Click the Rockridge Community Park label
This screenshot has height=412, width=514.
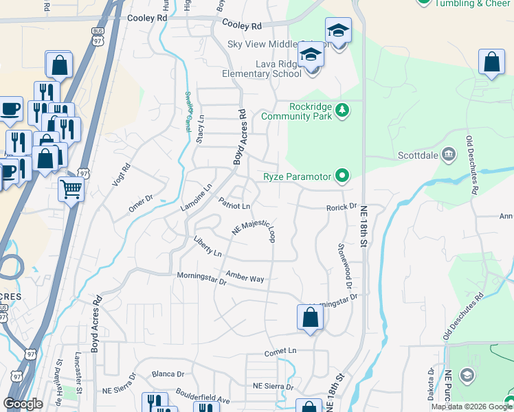[311, 111]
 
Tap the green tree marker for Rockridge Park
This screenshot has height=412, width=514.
[342, 108]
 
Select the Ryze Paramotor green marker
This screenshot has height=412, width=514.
[342, 176]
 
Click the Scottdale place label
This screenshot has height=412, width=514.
[418, 154]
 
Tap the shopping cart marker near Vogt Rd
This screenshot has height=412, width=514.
[71, 189]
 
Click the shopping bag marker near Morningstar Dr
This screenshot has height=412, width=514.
[310, 318]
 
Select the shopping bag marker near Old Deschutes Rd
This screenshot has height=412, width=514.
[491, 62]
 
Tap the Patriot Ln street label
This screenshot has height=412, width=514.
[234, 204]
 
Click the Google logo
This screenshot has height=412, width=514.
[23, 404]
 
